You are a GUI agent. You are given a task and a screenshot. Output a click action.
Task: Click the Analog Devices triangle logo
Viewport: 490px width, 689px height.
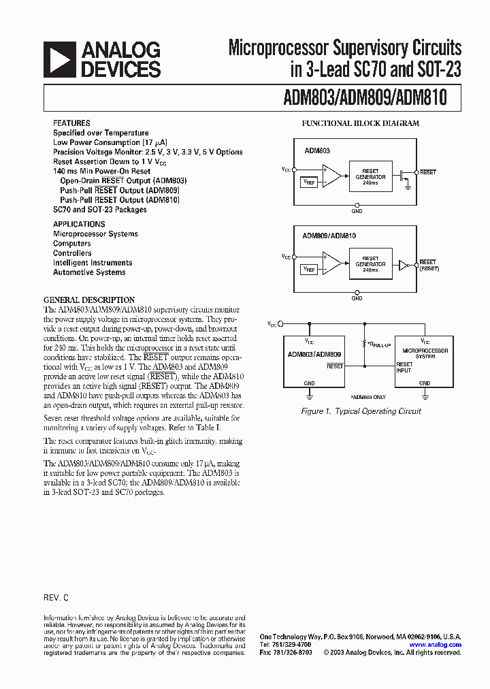[x=59, y=59]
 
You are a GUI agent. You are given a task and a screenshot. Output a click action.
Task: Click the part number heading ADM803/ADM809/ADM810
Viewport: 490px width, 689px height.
[x=365, y=97]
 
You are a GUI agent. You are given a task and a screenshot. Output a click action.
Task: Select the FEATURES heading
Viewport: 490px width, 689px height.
[x=71, y=123]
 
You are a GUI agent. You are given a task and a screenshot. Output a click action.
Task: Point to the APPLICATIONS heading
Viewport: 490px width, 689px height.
[x=79, y=224]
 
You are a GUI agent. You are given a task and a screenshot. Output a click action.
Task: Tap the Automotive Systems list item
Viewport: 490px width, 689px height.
[x=89, y=272]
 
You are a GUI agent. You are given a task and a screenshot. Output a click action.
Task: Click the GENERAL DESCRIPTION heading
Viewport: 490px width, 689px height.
[x=89, y=300]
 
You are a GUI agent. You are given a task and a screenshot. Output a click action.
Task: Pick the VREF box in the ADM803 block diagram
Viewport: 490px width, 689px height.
[x=309, y=182]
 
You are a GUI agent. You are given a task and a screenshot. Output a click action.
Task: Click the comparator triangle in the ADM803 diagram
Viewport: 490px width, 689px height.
[x=333, y=175]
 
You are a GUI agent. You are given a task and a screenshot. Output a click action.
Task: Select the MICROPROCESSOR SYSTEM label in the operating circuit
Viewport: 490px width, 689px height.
[x=425, y=353]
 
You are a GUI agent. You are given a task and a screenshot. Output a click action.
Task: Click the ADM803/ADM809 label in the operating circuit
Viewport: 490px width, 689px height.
[x=314, y=354]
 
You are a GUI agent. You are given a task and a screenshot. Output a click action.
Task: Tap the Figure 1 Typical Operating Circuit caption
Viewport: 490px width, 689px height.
[x=361, y=411]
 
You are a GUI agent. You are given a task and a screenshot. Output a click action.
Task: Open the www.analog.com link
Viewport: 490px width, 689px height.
[x=436, y=644]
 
